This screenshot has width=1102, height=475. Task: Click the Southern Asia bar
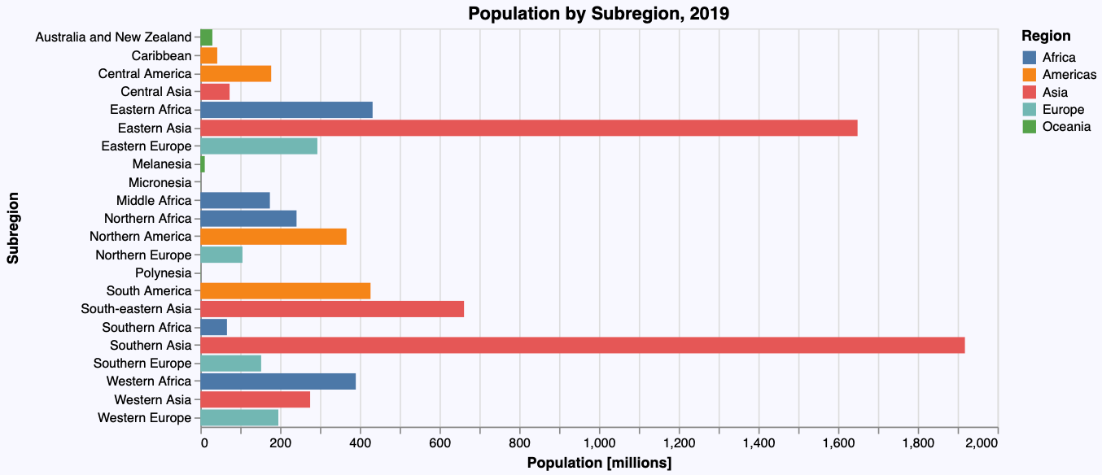coord(582,345)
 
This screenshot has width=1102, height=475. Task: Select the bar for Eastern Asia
coord(528,128)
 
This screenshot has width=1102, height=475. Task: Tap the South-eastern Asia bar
coord(331,309)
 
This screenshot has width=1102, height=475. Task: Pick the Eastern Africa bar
coord(286,110)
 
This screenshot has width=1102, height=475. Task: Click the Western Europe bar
coord(239,418)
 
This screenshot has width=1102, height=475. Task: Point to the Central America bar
coord(235,74)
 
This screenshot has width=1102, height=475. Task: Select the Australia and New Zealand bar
coord(206,37)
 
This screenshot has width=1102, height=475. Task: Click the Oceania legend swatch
coord(1029,127)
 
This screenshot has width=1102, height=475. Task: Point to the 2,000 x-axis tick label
coord(986,442)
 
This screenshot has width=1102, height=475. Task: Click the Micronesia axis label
coord(160,182)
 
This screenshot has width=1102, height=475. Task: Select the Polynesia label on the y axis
coord(164,273)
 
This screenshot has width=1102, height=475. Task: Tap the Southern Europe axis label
coord(142,364)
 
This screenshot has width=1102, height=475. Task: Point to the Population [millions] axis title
coord(599,463)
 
